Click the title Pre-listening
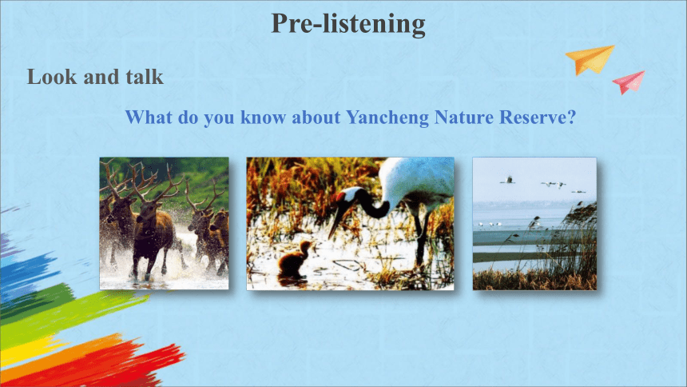click(x=348, y=24)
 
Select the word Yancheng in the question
click(x=387, y=118)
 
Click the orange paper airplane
click(x=590, y=60)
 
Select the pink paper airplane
click(x=629, y=82)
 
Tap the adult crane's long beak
click(x=337, y=218)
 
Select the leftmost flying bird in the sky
click(x=507, y=180)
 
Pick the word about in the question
click(x=316, y=118)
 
